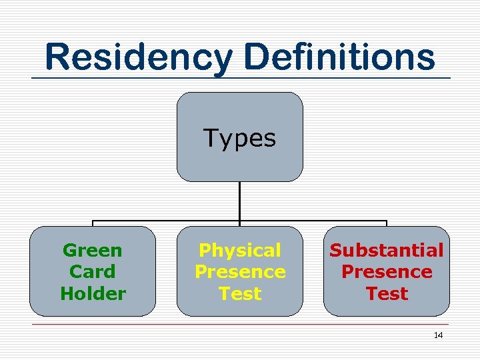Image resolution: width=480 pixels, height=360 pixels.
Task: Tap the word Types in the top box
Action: click(x=239, y=138)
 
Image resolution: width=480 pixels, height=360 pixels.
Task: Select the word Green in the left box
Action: click(x=93, y=251)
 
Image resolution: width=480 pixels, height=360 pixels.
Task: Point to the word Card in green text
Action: click(x=93, y=272)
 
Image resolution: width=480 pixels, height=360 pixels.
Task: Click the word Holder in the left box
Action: click(x=93, y=293)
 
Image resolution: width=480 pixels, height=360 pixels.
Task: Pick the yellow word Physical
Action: click(x=240, y=251)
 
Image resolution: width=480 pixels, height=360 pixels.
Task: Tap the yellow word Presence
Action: click(x=240, y=272)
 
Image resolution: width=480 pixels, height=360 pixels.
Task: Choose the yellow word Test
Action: click(x=240, y=293)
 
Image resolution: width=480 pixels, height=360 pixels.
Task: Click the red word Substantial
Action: click(x=387, y=251)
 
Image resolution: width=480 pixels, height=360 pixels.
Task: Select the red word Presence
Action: click(x=387, y=272)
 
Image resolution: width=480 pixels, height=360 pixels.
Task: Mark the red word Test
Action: click(x=387, y=293)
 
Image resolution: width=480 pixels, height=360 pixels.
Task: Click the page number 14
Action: click(x=438, y=335)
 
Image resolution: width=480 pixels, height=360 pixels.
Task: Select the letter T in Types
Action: click(x=211, y=138)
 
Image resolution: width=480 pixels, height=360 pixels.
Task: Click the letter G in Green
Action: click(x=69, y=251)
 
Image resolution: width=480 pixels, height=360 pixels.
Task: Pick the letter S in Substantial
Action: click(x=335, y=251)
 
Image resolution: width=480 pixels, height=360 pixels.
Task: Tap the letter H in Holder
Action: click(x=66, y=293)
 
